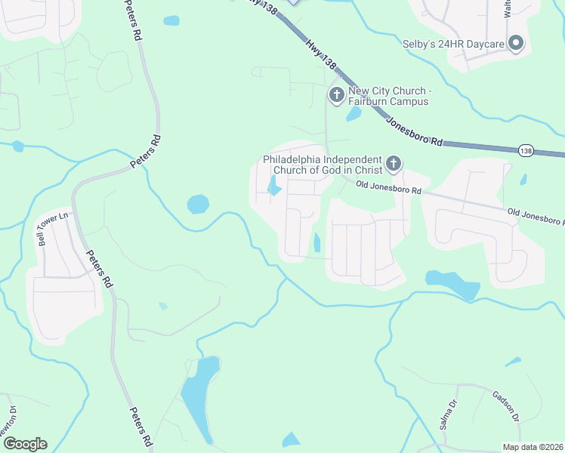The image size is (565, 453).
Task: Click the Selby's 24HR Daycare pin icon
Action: [516, 44]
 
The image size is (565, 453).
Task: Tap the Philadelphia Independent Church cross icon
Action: [393, 163]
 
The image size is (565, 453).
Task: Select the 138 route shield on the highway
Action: [526, 151]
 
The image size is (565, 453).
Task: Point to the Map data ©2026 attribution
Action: [533, 447]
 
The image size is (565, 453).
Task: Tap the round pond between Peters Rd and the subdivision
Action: [198, 204]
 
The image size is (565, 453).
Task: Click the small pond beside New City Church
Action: [353, 114]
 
